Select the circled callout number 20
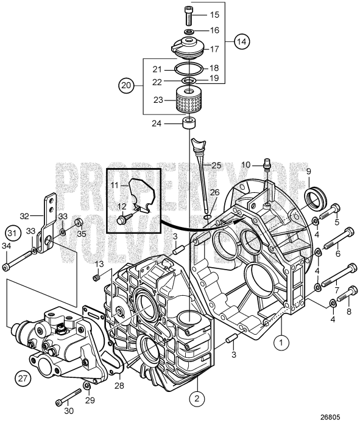tap(126, 86)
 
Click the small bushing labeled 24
tap(189, 125)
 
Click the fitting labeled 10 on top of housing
tap(266, 164)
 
